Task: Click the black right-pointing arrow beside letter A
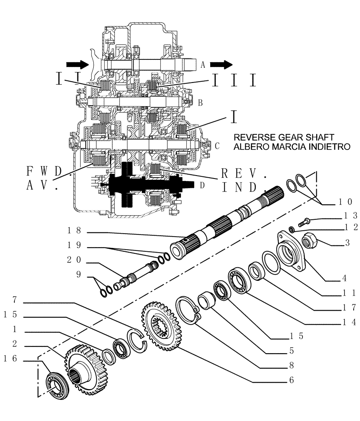pyautogui.click(x=221, y=64)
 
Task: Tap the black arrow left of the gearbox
pyautogui.click(x=75, y=64)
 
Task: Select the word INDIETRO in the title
pyautogui.click(x=326, y=147)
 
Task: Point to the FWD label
pyautogui.click(x=44, y=171)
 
